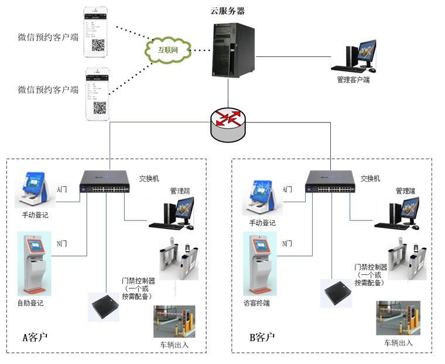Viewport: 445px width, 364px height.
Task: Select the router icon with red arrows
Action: point(228,121)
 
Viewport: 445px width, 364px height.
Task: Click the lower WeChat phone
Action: point(98,94)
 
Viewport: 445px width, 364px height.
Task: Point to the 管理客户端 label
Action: point(353,79)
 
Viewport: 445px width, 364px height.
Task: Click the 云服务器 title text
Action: point(228,11)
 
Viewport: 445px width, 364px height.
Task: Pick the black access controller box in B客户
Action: point(336,293)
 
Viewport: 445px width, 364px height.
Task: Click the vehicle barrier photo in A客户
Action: point(174,322)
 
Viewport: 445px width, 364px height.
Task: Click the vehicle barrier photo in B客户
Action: point(398,318)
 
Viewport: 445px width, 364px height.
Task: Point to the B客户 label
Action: point(262,337)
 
